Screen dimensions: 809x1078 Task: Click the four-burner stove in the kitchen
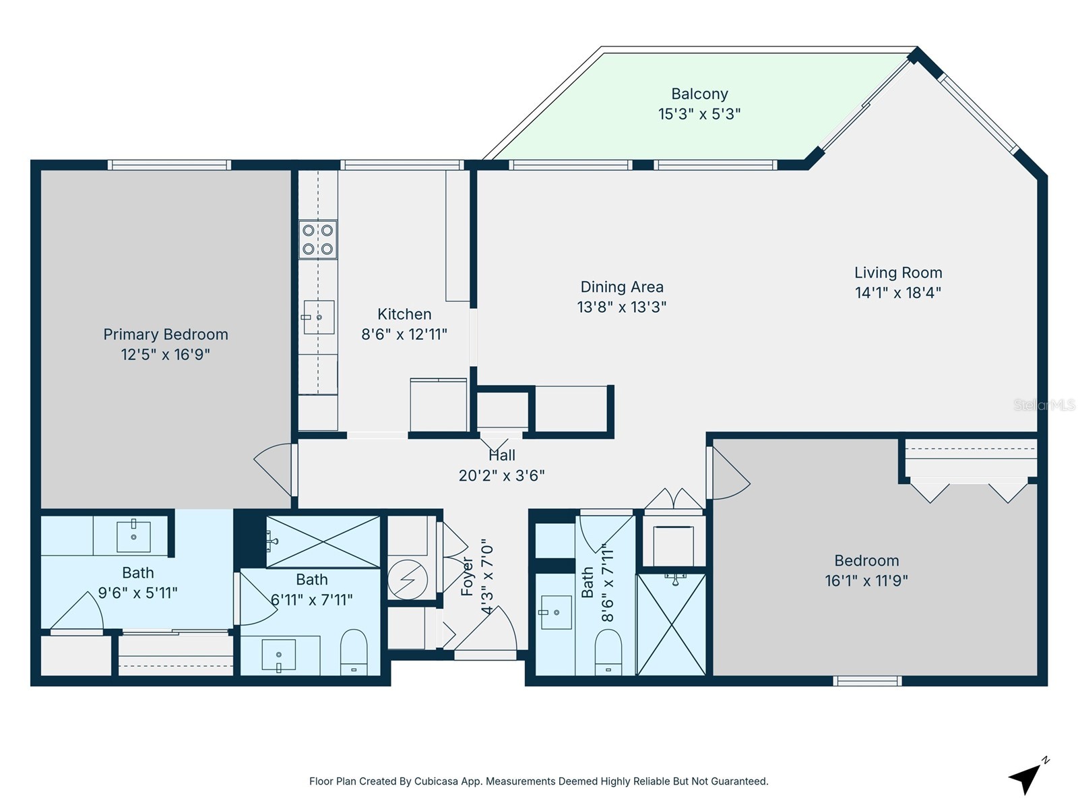318,239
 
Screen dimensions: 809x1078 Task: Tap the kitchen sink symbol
318,317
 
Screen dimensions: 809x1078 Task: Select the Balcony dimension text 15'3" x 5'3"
699,114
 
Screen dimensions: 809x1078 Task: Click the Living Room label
898,272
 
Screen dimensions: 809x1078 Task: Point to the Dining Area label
622,287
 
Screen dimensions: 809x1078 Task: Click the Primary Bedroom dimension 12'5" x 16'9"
166,355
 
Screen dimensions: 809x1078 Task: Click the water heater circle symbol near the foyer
408,579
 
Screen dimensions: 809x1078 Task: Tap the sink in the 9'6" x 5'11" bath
133,537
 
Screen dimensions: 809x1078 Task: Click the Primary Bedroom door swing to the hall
276,469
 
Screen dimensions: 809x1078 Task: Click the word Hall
502,455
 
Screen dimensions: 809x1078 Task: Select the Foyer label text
467,576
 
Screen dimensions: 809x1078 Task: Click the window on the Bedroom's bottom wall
867,681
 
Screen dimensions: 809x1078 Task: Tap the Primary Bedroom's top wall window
169,164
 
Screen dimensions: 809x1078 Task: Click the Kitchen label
404,314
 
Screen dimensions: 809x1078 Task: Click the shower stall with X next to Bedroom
671,624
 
